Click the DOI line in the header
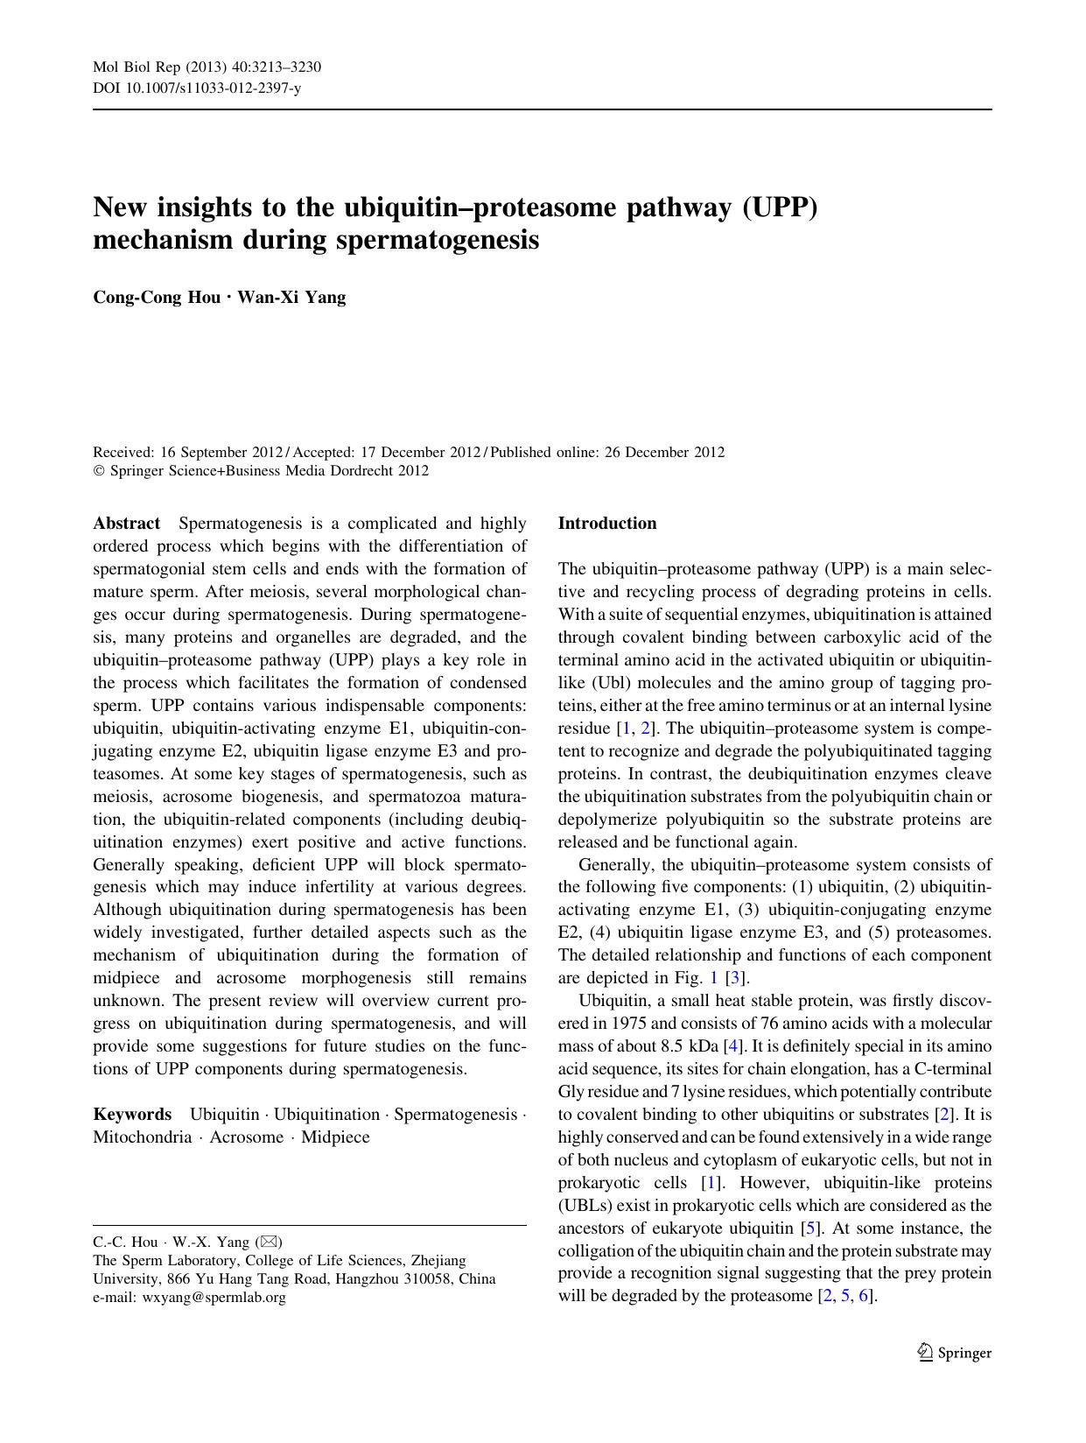197,88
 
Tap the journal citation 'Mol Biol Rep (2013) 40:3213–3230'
207,67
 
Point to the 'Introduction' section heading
606,524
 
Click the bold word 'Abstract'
126,524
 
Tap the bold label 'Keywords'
132,1115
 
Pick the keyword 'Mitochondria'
142,1137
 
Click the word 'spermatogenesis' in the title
438,240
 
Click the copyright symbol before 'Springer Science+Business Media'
97,471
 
